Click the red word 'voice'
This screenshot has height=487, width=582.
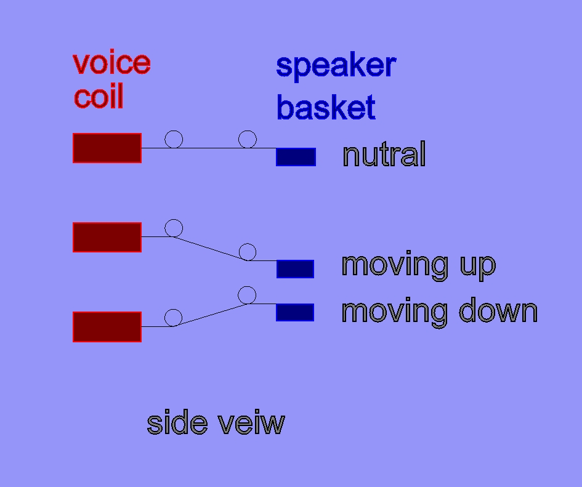[111, 63]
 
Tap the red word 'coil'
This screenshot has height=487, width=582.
[99, 96]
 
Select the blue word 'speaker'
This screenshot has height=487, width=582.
[336, 66]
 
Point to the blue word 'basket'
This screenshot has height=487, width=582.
[326, 107]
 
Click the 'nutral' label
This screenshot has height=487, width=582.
[384, 154]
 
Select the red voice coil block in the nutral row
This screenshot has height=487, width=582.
[107, 148]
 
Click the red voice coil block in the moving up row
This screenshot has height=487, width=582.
[107, 237]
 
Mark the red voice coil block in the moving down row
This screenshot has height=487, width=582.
[107, 327]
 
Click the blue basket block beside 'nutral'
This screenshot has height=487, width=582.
[296, 156]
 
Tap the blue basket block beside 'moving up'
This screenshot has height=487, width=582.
[296, 269]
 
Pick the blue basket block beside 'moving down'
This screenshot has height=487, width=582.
[295, 312]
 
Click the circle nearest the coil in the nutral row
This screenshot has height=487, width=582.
[174, 131]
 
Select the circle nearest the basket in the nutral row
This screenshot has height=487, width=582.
[248, 131]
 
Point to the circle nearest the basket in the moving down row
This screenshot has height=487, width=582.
[247, 286]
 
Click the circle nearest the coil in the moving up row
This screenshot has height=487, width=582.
[174, 219]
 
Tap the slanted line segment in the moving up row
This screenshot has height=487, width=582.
[211, 248]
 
